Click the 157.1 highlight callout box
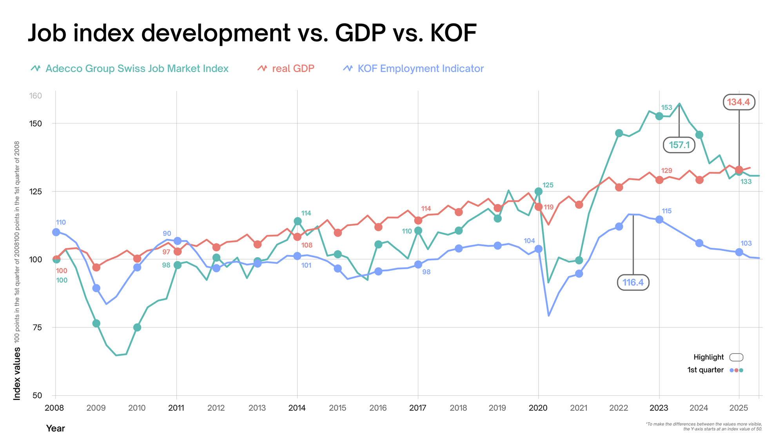(679, 145)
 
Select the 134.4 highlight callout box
(739, 102)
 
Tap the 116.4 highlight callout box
(633, 282)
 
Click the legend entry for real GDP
(286, 69)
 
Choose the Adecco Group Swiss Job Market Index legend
(130, 69)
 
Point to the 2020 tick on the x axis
(538, 408)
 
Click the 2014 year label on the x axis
(297, 408)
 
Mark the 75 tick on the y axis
(36, 327)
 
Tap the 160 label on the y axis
(36, 96)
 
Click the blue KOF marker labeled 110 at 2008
(56, 232)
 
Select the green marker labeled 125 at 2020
(538, 191)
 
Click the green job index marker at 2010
(137, 327)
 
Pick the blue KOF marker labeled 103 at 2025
(739, 252)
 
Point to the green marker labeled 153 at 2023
(659, 116)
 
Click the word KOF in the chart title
(453, 33)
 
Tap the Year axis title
(55, 428)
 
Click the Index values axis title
(17, 373)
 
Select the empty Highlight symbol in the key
(736, 357)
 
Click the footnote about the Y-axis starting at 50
(704, 426)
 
